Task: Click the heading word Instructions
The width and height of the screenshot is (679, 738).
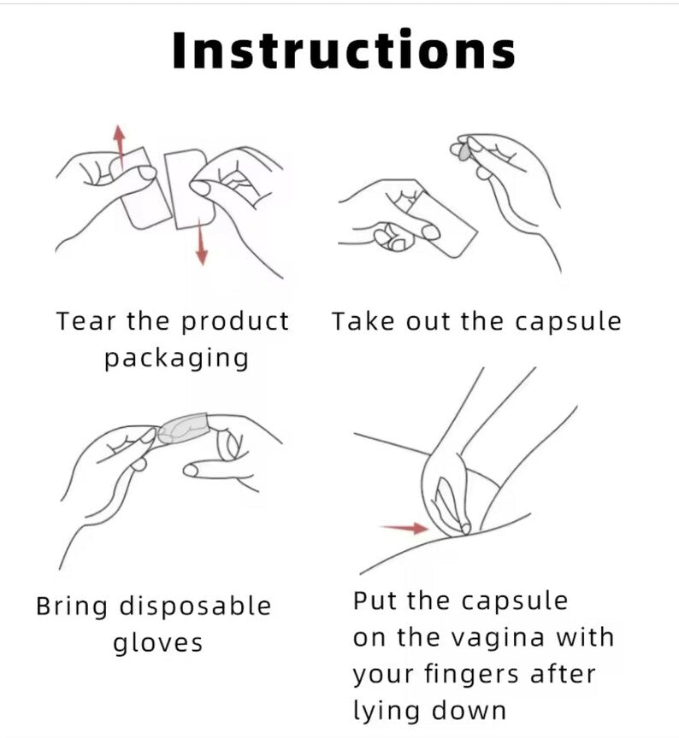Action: click(344, 50)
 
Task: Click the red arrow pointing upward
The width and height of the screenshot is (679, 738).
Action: click(120, 145)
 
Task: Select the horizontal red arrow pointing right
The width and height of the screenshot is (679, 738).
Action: click(405, 528)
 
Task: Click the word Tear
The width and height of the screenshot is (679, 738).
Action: click(86, 321)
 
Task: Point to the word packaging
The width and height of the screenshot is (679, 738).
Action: click(176, 360)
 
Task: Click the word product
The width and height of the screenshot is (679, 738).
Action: click(235, 322)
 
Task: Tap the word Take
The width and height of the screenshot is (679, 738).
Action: click(363, 321)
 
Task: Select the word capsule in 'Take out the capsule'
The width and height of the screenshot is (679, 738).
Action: click(568, 323)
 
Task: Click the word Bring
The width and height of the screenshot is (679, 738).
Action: click(72, 607)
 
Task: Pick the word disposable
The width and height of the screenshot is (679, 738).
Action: click(195, 607)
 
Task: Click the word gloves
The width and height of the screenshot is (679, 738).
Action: click(158, 644)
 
